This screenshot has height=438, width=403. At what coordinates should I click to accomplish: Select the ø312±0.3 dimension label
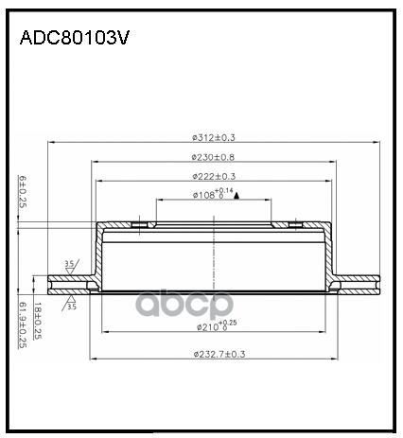(215, 134)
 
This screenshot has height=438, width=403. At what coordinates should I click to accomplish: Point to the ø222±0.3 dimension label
(215, 176)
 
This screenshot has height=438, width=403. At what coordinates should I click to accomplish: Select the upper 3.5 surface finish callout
(69, 264)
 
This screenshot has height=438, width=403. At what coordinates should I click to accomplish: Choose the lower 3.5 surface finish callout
(69, 306)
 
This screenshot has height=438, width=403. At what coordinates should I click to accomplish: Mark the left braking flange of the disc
(72, 282)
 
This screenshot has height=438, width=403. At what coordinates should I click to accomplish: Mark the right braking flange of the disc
(358, 282)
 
